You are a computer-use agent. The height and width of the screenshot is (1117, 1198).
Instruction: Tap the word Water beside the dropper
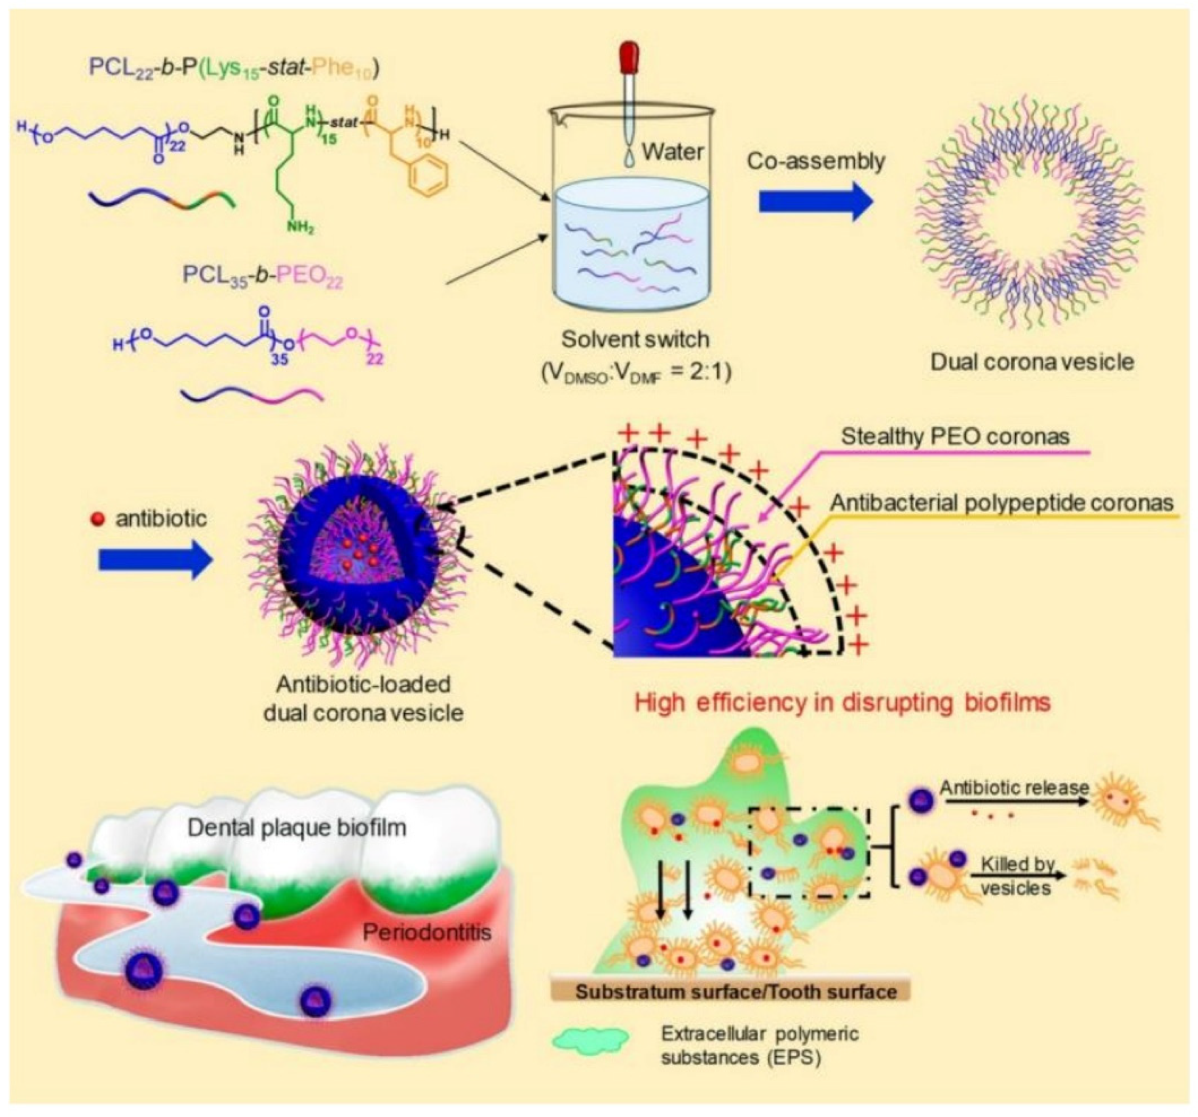click(x=672, y=151)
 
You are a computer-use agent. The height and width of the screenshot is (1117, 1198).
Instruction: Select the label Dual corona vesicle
click(x=1032, y=362)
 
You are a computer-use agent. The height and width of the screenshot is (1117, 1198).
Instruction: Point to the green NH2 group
click(x=299, y=228)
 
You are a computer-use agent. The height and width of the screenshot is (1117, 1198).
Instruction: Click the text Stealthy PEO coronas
click(x=955, y=437)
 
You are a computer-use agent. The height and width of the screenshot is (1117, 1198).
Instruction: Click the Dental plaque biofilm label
click(x=297, y=828)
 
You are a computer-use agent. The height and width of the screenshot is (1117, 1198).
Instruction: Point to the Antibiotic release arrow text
click(x=1014, y=787)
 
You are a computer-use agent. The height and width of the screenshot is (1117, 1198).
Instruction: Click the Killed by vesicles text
click(x=1016, y=876)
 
